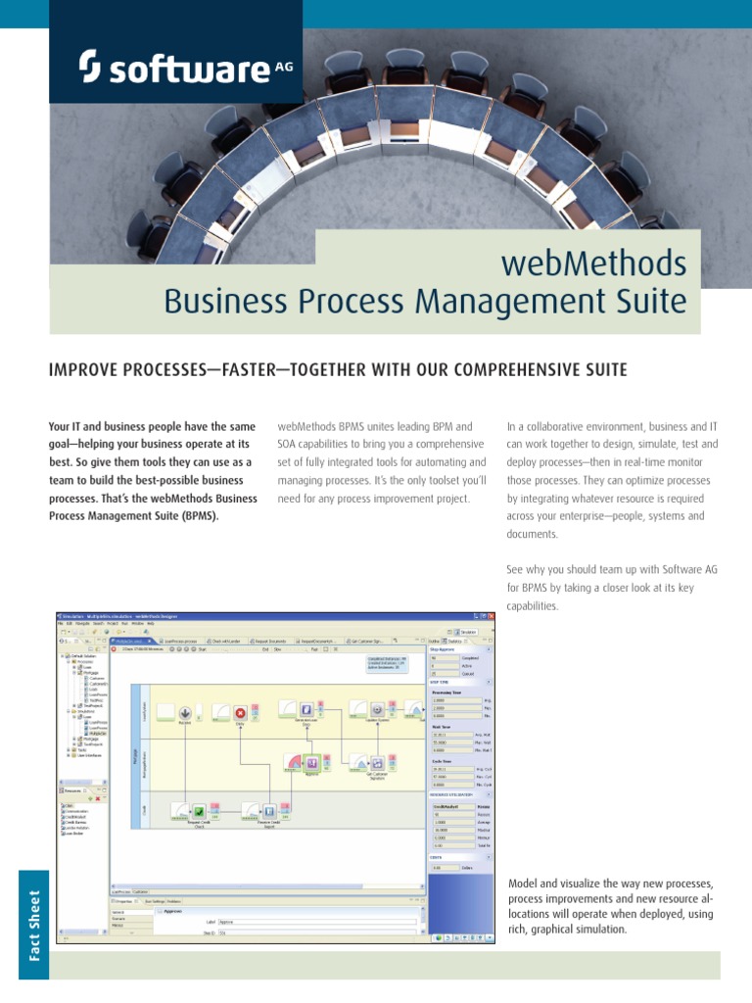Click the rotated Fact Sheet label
coord(35,927)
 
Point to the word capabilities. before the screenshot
coord(535,605)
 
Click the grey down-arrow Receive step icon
coord(185,711)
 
